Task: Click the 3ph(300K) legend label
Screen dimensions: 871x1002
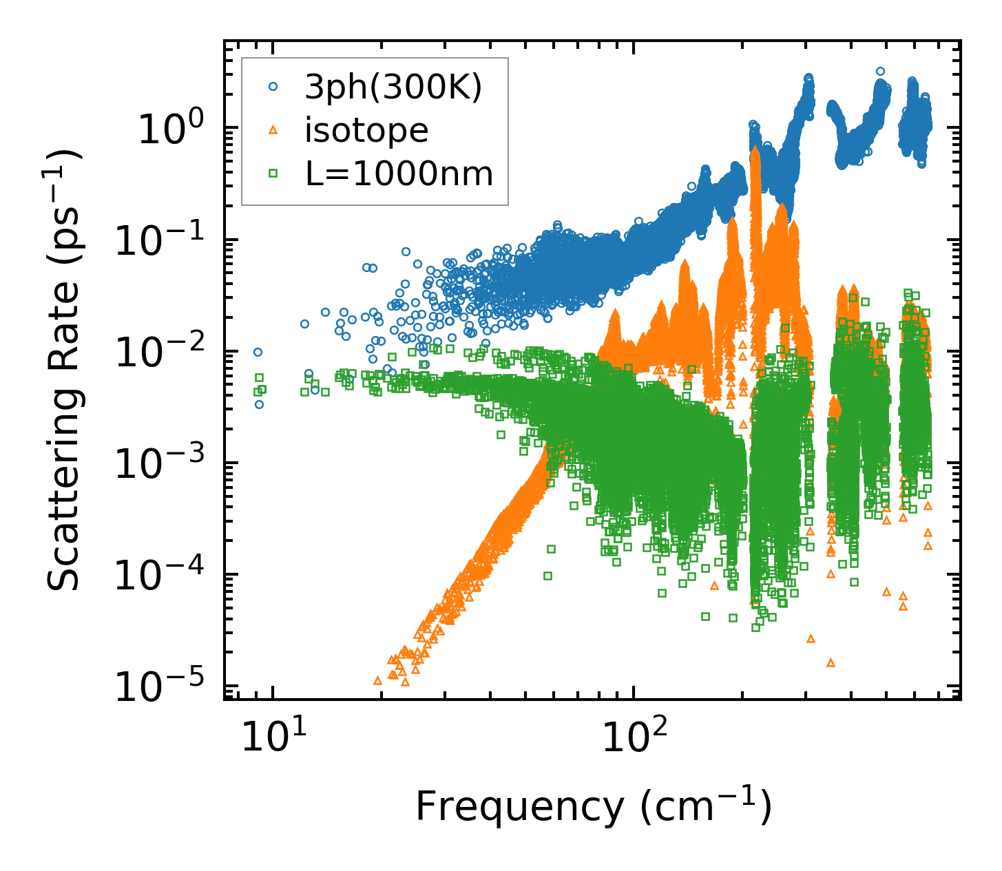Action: coord(393,87)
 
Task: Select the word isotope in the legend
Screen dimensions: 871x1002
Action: coord(366,130)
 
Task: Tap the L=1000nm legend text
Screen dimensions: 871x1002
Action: coord(399,174)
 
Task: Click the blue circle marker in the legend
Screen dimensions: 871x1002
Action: coord(273,87)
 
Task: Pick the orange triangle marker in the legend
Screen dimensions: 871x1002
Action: coord(273,130)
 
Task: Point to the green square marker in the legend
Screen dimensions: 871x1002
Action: coord(273,174)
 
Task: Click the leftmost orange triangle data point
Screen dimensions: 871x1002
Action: coord(377,680)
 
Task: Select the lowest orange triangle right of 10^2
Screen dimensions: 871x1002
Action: coord(831,663)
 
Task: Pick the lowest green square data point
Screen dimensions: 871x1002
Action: coord(755,627)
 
